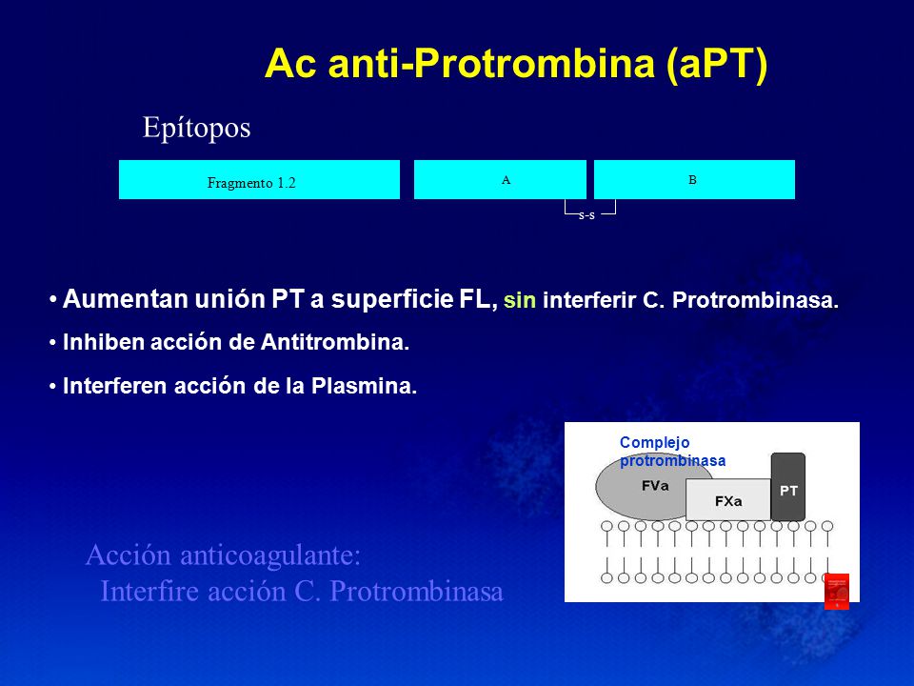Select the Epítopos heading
tap(196, 128)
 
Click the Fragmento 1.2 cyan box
tap(259, 180)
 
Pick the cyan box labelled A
tap(500, 180)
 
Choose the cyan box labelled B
tap(694, 180)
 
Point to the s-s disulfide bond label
tap(586, 215)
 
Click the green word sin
tap(520, 300)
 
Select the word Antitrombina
tap(335, 342)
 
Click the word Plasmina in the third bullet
tap(364, 386)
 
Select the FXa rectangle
tap(728, 500)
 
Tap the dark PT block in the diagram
tap(788, 487)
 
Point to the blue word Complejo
tap(655, 443)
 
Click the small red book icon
tap(837, 592)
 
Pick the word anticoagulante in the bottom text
tap(270, 555)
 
